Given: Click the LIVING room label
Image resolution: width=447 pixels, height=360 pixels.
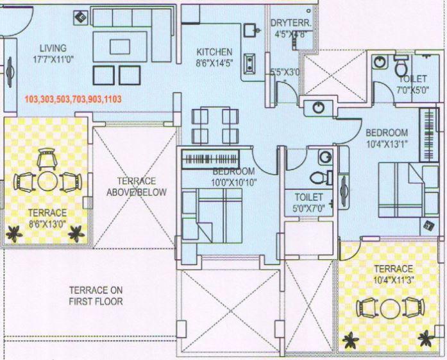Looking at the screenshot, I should [53, 48].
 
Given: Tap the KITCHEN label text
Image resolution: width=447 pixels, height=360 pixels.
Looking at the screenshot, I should [214, 52].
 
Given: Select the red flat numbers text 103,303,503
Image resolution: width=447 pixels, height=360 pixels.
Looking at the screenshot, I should [72, 100].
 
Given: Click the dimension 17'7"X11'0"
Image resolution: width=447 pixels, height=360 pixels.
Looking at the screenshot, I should [53, 60].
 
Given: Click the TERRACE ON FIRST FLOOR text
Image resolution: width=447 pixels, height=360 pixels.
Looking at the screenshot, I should [96, 295].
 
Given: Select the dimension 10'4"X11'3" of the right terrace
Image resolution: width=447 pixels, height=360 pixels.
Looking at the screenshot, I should [394, 280].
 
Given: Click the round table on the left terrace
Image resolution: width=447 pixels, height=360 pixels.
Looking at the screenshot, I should [46, 182].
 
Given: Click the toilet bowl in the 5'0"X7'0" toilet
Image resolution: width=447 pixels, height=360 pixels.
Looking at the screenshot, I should [317, 176].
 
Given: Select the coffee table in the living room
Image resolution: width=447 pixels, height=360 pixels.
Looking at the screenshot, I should [120, 46].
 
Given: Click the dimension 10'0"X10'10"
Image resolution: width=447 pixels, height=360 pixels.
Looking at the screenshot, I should [235, 183].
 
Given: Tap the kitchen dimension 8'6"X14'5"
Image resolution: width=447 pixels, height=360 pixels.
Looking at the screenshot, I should [214, 63].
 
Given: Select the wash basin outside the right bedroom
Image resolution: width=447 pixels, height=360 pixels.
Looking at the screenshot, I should [318, 107].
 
